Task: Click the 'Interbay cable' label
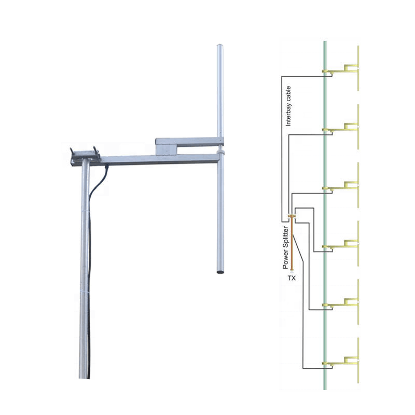pos(288,106)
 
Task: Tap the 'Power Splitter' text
pos(285,247)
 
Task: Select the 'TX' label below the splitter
pos(292,278)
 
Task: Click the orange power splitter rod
pos(292,243)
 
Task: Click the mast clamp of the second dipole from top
pos(325,130)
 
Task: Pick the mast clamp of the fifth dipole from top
pos(325,305)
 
